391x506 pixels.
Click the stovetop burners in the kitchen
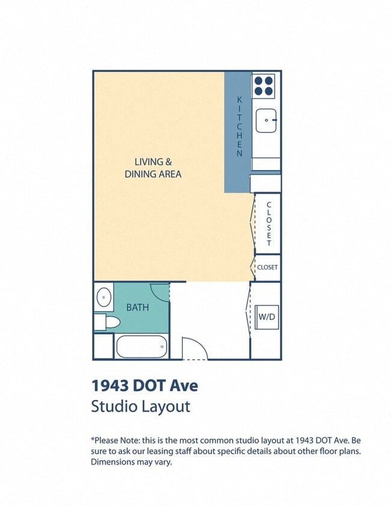click(x=263, y=85)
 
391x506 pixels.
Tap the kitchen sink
click(x=265, y=122)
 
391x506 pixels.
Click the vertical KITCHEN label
click(x=239, y=126)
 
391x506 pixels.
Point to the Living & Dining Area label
click(x=153, y=168)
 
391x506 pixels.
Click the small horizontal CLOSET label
click(x=267, y=267)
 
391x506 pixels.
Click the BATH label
click(x=137, y=307)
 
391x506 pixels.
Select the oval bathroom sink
click(x=103, y=297)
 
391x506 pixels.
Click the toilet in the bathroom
click(x=106, y=322)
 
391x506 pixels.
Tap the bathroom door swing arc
click(x=159, y=292)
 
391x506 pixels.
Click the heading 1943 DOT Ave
click(x=144, y=384)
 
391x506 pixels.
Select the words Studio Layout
click(x=140, y=406)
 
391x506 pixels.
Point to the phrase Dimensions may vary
click(x=131, y=462)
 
